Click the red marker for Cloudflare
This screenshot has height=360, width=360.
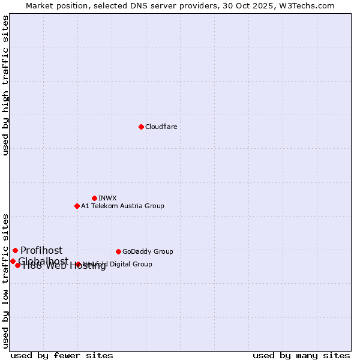coord(141,127)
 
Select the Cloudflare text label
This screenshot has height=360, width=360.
coord(161,127)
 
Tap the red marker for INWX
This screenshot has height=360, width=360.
coord(95,198)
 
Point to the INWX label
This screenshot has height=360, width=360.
coord(107,198)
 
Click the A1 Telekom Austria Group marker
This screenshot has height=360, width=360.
coord(77,206)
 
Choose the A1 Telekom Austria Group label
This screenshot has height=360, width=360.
coord(122,206)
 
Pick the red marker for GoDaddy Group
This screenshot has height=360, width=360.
coord(118,251)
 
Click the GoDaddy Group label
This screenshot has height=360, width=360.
coord(148,251)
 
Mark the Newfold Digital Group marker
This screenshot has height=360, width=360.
coord(78,264)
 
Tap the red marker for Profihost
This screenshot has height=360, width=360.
coord(15,250)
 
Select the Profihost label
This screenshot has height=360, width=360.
coord(41,250)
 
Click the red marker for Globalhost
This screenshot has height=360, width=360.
coord(13,261)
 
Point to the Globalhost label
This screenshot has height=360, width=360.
coord(43,261)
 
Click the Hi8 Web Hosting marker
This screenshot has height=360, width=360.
coord(18,265)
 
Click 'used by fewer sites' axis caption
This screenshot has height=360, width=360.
coord(62,355)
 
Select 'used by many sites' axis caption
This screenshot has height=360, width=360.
coord(301,355)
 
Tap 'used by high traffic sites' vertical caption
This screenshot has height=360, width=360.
coord(5,85)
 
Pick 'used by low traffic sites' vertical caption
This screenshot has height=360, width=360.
coord(5,280)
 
